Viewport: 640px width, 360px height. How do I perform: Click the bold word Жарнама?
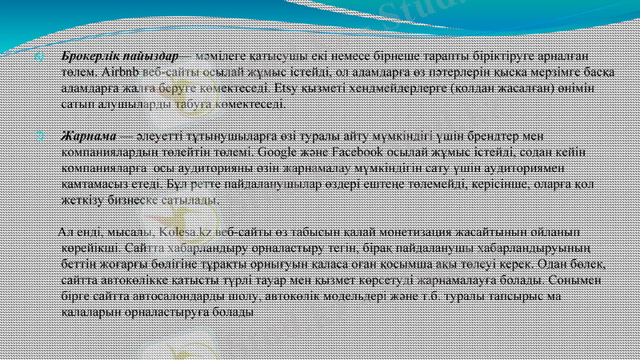coord(90,135)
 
